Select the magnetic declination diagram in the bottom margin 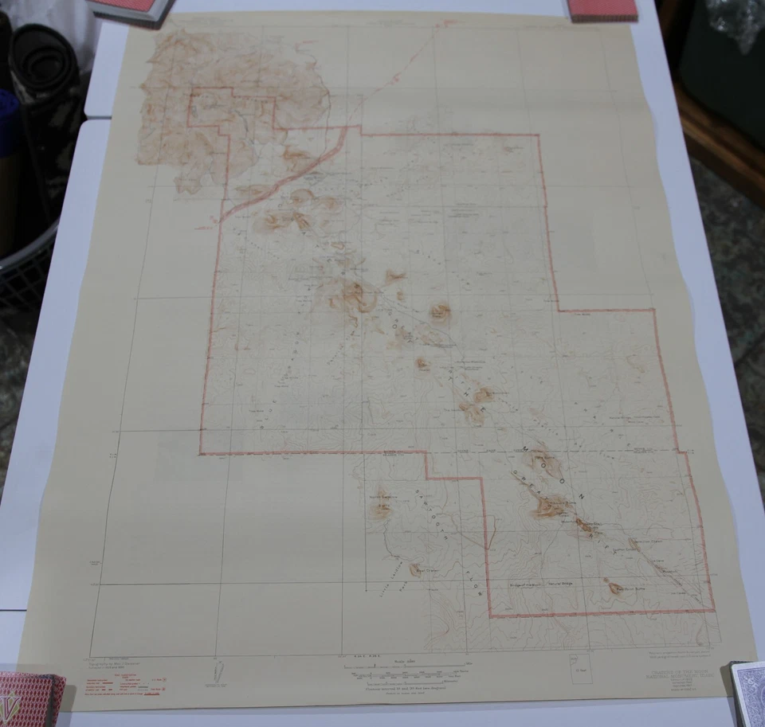coord(217,670)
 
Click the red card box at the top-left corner coord(131,8)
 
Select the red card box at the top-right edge coord(603,9)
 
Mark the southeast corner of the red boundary coord(712,611)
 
